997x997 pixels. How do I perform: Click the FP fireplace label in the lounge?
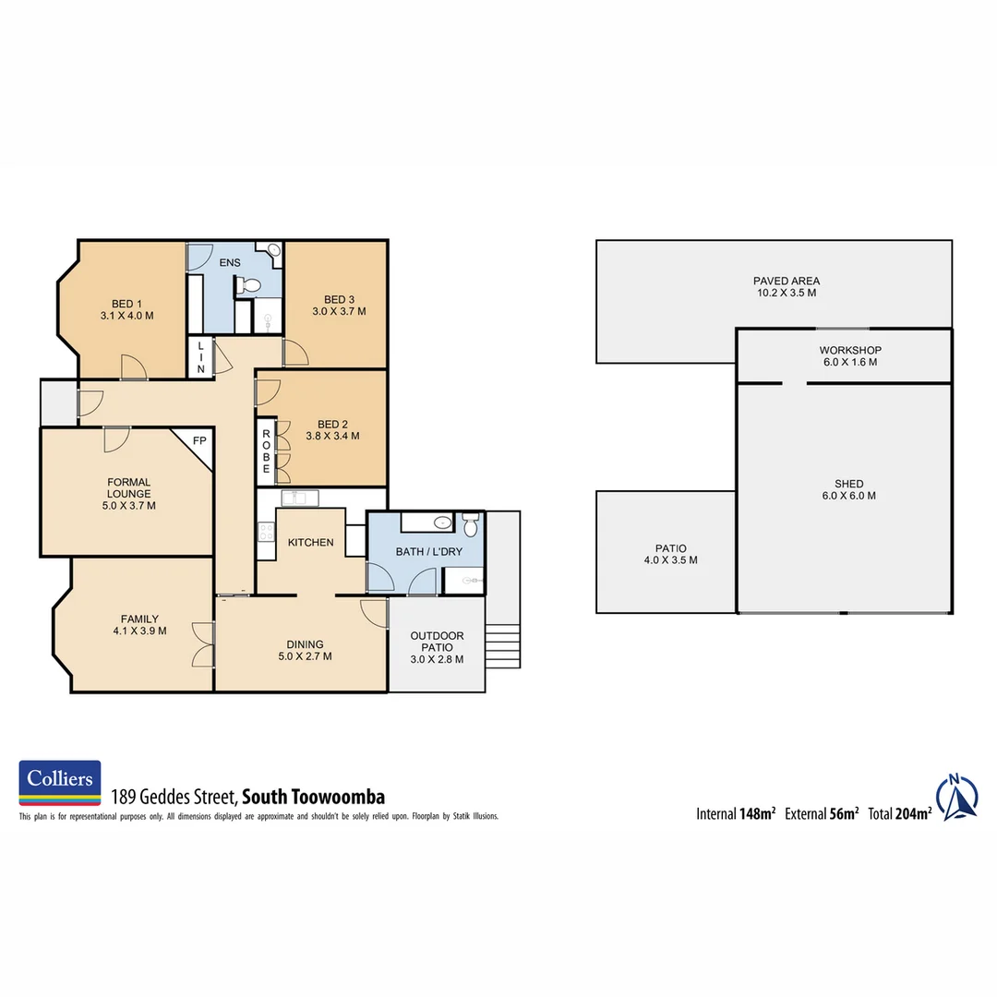point(198,441)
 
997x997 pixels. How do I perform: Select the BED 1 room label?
point(126,303)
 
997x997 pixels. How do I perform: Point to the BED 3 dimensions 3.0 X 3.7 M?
point(339,312)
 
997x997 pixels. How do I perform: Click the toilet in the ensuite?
point(249,287)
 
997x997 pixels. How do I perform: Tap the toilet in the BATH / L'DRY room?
point(472,526)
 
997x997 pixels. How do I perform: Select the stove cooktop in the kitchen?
point(266,532)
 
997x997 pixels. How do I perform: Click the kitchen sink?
point(298,499)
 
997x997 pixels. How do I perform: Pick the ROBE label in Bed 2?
point(266,451)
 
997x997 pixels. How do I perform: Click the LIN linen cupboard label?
point(198,358)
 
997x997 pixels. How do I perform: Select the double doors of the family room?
point(203,643)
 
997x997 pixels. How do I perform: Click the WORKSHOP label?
point(849,351)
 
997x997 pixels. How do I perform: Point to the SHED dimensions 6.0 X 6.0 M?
point(848,496)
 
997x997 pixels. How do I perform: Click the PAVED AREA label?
point(786,281)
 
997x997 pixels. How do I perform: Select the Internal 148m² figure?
point(736,814)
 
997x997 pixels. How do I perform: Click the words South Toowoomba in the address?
point(313,797)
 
